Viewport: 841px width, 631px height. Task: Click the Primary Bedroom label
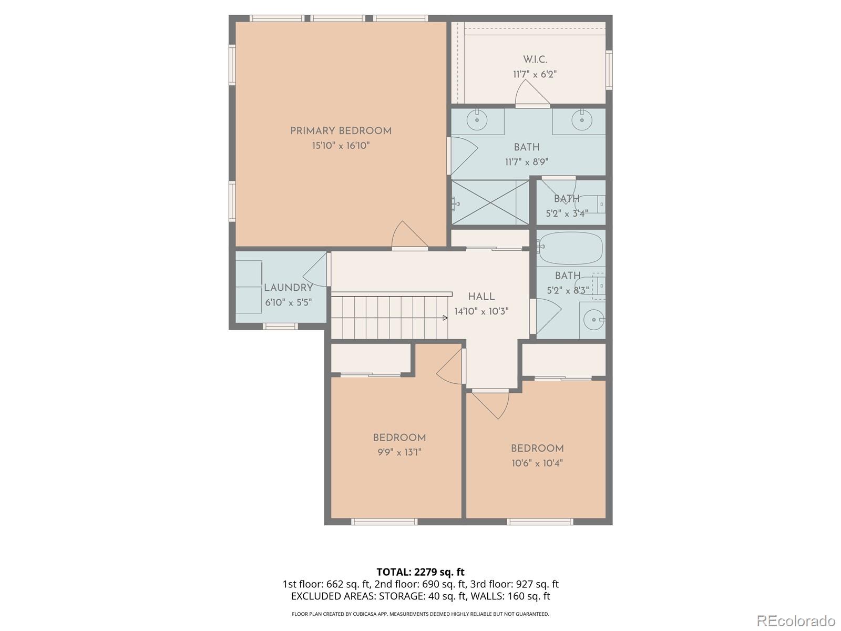click(x=341, y=131)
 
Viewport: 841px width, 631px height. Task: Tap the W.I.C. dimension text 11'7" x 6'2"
click(x=535, y=75)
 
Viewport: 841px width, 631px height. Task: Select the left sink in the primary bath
click(x=477, y=120)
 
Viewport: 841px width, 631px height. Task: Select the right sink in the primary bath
click(x=582, y=120)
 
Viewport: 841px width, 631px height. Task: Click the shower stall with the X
click(x=490, y=202)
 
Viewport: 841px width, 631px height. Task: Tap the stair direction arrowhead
click(x=445, y=318)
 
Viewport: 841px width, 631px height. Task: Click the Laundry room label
click(x=288, y=288)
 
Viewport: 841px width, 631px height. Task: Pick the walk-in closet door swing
click(x=531, y=94)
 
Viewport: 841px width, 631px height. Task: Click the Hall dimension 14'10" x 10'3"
click(x=481, y=311)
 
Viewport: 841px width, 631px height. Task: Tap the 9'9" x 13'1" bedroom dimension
click(x=399, y=452)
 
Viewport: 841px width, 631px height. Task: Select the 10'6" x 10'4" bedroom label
click(x=537, y=449)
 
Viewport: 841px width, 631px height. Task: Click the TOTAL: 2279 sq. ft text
click(x=420, y=572)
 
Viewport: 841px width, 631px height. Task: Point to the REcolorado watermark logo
click(x=796, y=620)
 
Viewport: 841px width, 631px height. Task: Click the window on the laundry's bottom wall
click(x=280, y=327)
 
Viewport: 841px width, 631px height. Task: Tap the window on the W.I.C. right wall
click(x=609, y=69)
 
